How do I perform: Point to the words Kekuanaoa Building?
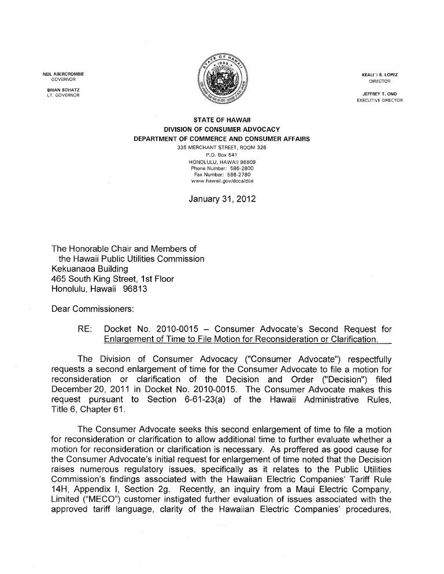coord(90,269)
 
